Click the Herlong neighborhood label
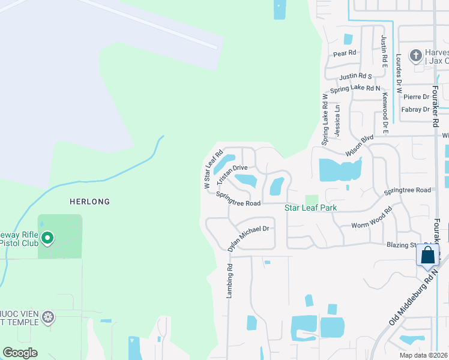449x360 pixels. (89, 202)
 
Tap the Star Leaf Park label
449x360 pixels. (310, 208)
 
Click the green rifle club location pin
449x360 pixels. (47, 239)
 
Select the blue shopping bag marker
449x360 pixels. (427, 254)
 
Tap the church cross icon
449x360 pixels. (415, 56)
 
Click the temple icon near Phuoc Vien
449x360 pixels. (48, 316)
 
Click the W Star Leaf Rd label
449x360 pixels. (213, 170)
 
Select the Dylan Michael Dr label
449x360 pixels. (248, 238)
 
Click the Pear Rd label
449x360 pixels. (345, 53)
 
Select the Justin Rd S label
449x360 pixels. (355, 76)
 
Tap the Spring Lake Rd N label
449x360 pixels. (355, 89)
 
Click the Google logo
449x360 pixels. (20, 353)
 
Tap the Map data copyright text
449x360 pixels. (423, 355)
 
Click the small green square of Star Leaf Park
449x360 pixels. (311, 200)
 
